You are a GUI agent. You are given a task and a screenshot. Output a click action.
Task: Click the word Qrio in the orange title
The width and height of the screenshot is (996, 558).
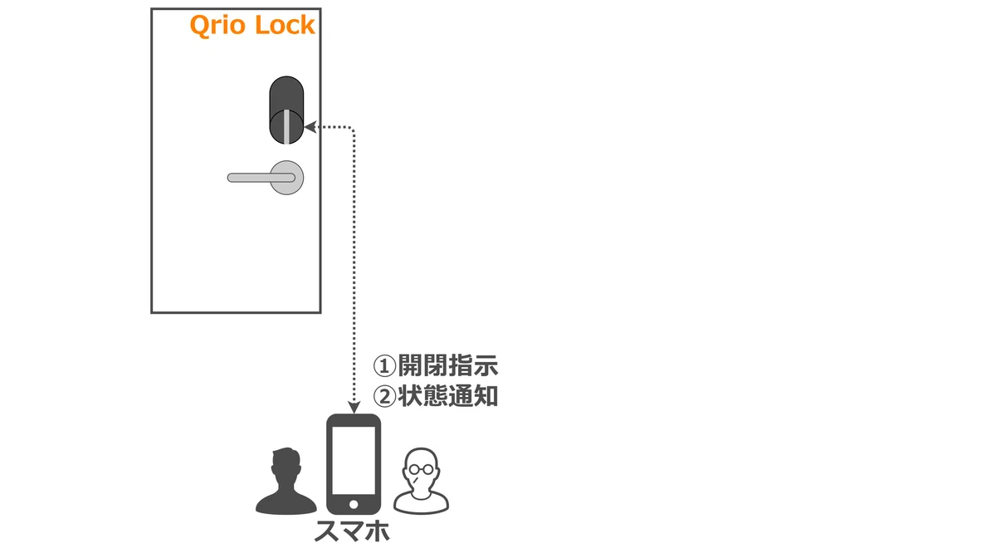pyautogui.click(x=217, y=26)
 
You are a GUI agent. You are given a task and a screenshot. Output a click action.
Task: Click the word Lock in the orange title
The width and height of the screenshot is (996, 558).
pyautogui.click(x=285, y=25)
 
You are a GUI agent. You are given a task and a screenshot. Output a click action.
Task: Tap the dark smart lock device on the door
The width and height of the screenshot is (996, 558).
pyautogui.click(x=286, y=110)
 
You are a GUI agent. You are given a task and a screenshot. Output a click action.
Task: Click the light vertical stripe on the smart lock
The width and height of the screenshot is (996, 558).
pyautogui.click(x=287, y=126)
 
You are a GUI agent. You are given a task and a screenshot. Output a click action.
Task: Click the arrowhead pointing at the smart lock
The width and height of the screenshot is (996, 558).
pyautogui.click(x=310, y=127)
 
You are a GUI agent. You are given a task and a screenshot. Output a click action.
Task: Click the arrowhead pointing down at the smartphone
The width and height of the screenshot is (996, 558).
pyautogui.click(x=354, y=408)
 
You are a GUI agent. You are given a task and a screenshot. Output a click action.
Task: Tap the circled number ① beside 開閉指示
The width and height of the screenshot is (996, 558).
pyautogui.click(x=384, y=366)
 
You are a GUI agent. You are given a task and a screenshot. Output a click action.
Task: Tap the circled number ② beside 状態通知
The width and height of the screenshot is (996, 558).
pyautogui.click(x=384, y=396)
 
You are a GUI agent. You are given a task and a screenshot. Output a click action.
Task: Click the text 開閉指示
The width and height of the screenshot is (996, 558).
pyautogui.click(x=447, y=365)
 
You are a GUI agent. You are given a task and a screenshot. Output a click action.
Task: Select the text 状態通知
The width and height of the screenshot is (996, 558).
pyautogui.click(x=447, y=395)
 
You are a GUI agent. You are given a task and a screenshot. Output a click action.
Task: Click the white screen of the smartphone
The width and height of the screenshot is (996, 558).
pyautogui.click(x=354, y=461)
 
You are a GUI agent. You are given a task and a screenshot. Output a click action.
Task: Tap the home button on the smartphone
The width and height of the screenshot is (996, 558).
pyautogui.click(x=354, y=505)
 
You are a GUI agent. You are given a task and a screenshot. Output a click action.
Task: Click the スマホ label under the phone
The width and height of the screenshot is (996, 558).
pyautogui.click(x=352, y=531)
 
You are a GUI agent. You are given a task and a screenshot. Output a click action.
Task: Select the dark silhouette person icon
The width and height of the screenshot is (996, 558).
pyautogui.click(x=286, y=482)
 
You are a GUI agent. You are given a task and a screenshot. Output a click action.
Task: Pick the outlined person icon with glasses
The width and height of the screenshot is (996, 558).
pyautogui.click(x=421, y=482)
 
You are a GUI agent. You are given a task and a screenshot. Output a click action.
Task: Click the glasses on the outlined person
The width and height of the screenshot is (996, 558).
pyautogui.click(x=421, y=469)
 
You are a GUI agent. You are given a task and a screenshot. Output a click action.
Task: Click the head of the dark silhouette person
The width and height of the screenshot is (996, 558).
pyautogui.click(x=286, y=465)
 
